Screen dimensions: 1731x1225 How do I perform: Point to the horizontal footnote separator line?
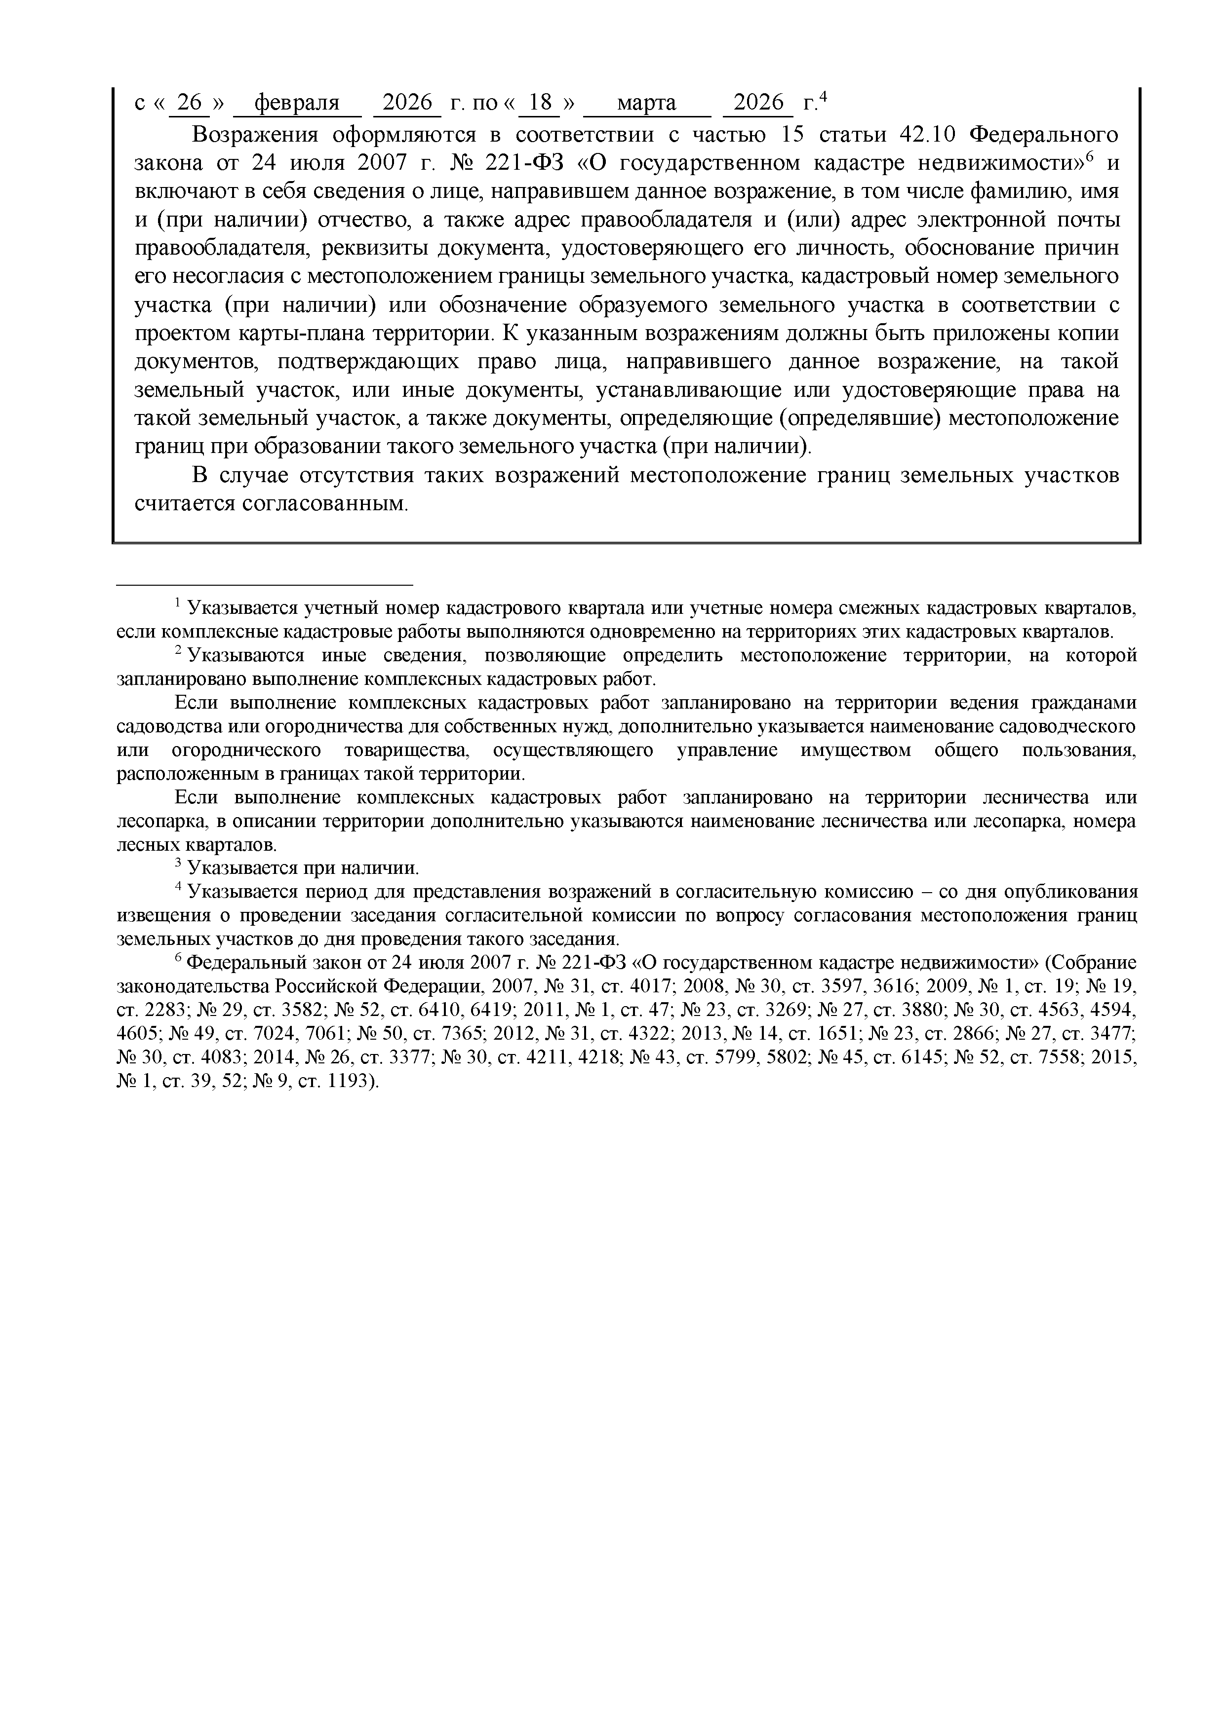tap(265, 584)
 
